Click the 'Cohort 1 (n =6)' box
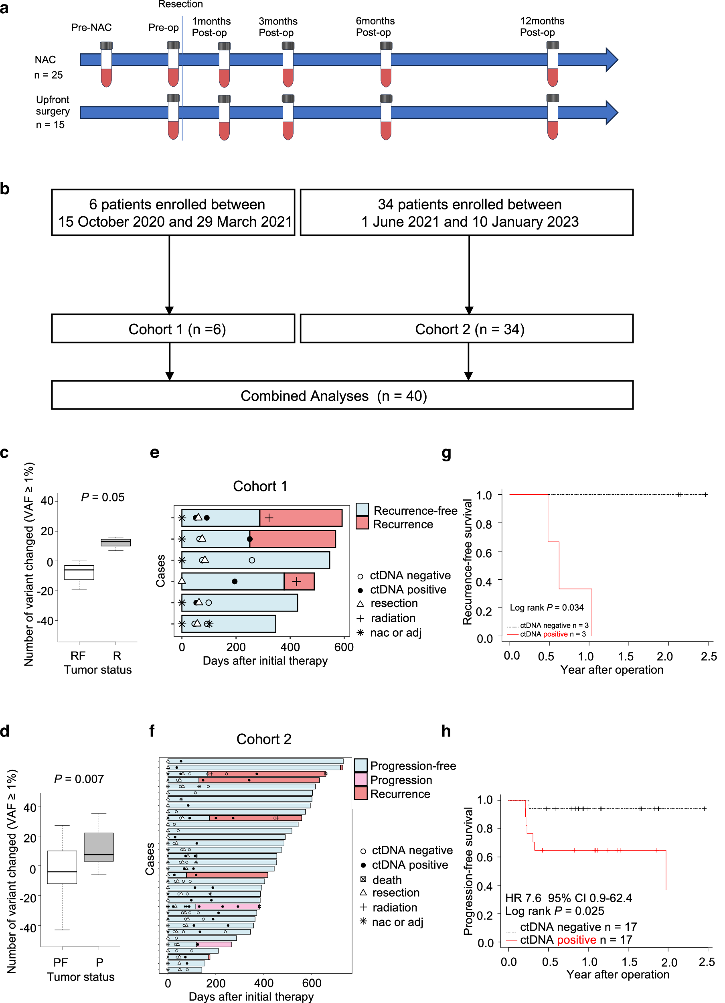(x=173, y=329)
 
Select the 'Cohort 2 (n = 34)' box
(x=466, y=329)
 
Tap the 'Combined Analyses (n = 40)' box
(x=342, y=395)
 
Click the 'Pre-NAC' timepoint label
(x=91, y=27)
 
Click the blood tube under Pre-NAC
(x=106, y=65)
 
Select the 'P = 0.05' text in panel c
(x=103, y=497)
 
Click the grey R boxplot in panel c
(x=116, y=542)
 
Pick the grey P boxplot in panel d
(x=99, y=847)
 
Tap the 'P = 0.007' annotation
(x=79, y=779)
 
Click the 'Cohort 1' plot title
(x=260, y=486)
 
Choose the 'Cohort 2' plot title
(x=263, y=739)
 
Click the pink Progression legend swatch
(x=360, y=779)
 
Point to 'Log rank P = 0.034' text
(x=547, y=607)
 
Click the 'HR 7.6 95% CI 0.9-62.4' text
(x=569, y=898)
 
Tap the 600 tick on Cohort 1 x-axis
(x=344, y=647)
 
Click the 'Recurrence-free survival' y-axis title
(x=467, y=562)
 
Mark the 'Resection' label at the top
(x=180, y=4)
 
